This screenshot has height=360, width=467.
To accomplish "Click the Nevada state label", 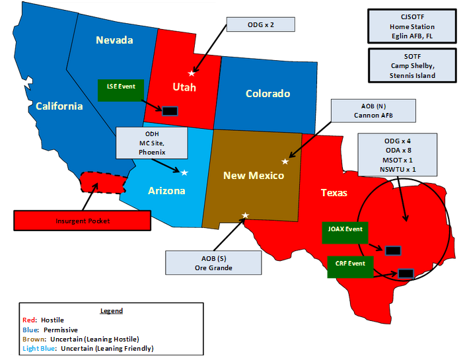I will coord(114,40).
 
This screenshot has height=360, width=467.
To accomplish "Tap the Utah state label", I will coord(184,87).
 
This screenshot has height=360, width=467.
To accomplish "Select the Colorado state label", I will coord(268,94).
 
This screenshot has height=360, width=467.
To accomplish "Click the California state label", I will coord(59,106).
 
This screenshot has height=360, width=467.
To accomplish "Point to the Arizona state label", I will coord(166,191).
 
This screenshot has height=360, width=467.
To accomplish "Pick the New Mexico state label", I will coord(253,175).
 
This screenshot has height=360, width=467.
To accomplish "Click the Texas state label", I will coord(334,193).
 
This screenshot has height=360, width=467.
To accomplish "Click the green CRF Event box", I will coord(350,267).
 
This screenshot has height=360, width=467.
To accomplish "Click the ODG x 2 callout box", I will coord(260,24).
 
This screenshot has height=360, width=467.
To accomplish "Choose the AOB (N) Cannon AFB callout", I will coord(375,110).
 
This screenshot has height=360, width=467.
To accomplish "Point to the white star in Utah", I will coord(192,73).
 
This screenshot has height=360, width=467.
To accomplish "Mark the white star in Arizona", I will coord(184,172).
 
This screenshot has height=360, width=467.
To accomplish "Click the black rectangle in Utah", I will coord(170,110).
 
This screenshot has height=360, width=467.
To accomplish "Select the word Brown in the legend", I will coord(34,338).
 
